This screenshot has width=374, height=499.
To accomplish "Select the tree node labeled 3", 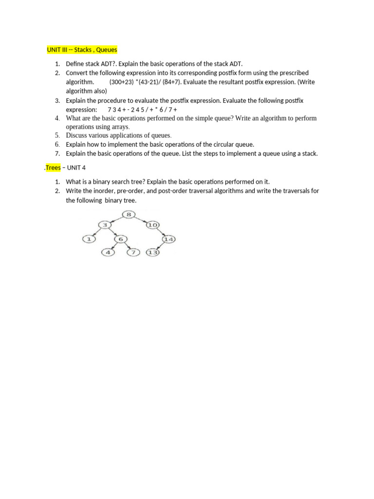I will [x=105, y=225].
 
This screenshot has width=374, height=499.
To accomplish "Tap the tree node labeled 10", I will [x=152, y=225].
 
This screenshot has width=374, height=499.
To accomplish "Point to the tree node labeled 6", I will [x=120, y=239].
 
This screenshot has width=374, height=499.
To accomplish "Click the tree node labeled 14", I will [x=168, y=239].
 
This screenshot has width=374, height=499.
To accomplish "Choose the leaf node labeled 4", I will [x=108, y=252].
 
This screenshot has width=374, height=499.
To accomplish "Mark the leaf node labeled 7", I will [x=133, y=252].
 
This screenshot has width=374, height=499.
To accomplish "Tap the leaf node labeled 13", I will [x=153, y=252].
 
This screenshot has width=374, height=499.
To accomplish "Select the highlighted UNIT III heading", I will [x=82, y=50].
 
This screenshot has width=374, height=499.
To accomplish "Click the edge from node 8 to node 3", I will [x=117, y=219].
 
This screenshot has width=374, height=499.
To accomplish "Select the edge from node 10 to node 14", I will [x=161, y=232].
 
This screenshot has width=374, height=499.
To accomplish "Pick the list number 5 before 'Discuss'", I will [x=57, y=135].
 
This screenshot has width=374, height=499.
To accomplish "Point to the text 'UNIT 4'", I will [x=76, y=168].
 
